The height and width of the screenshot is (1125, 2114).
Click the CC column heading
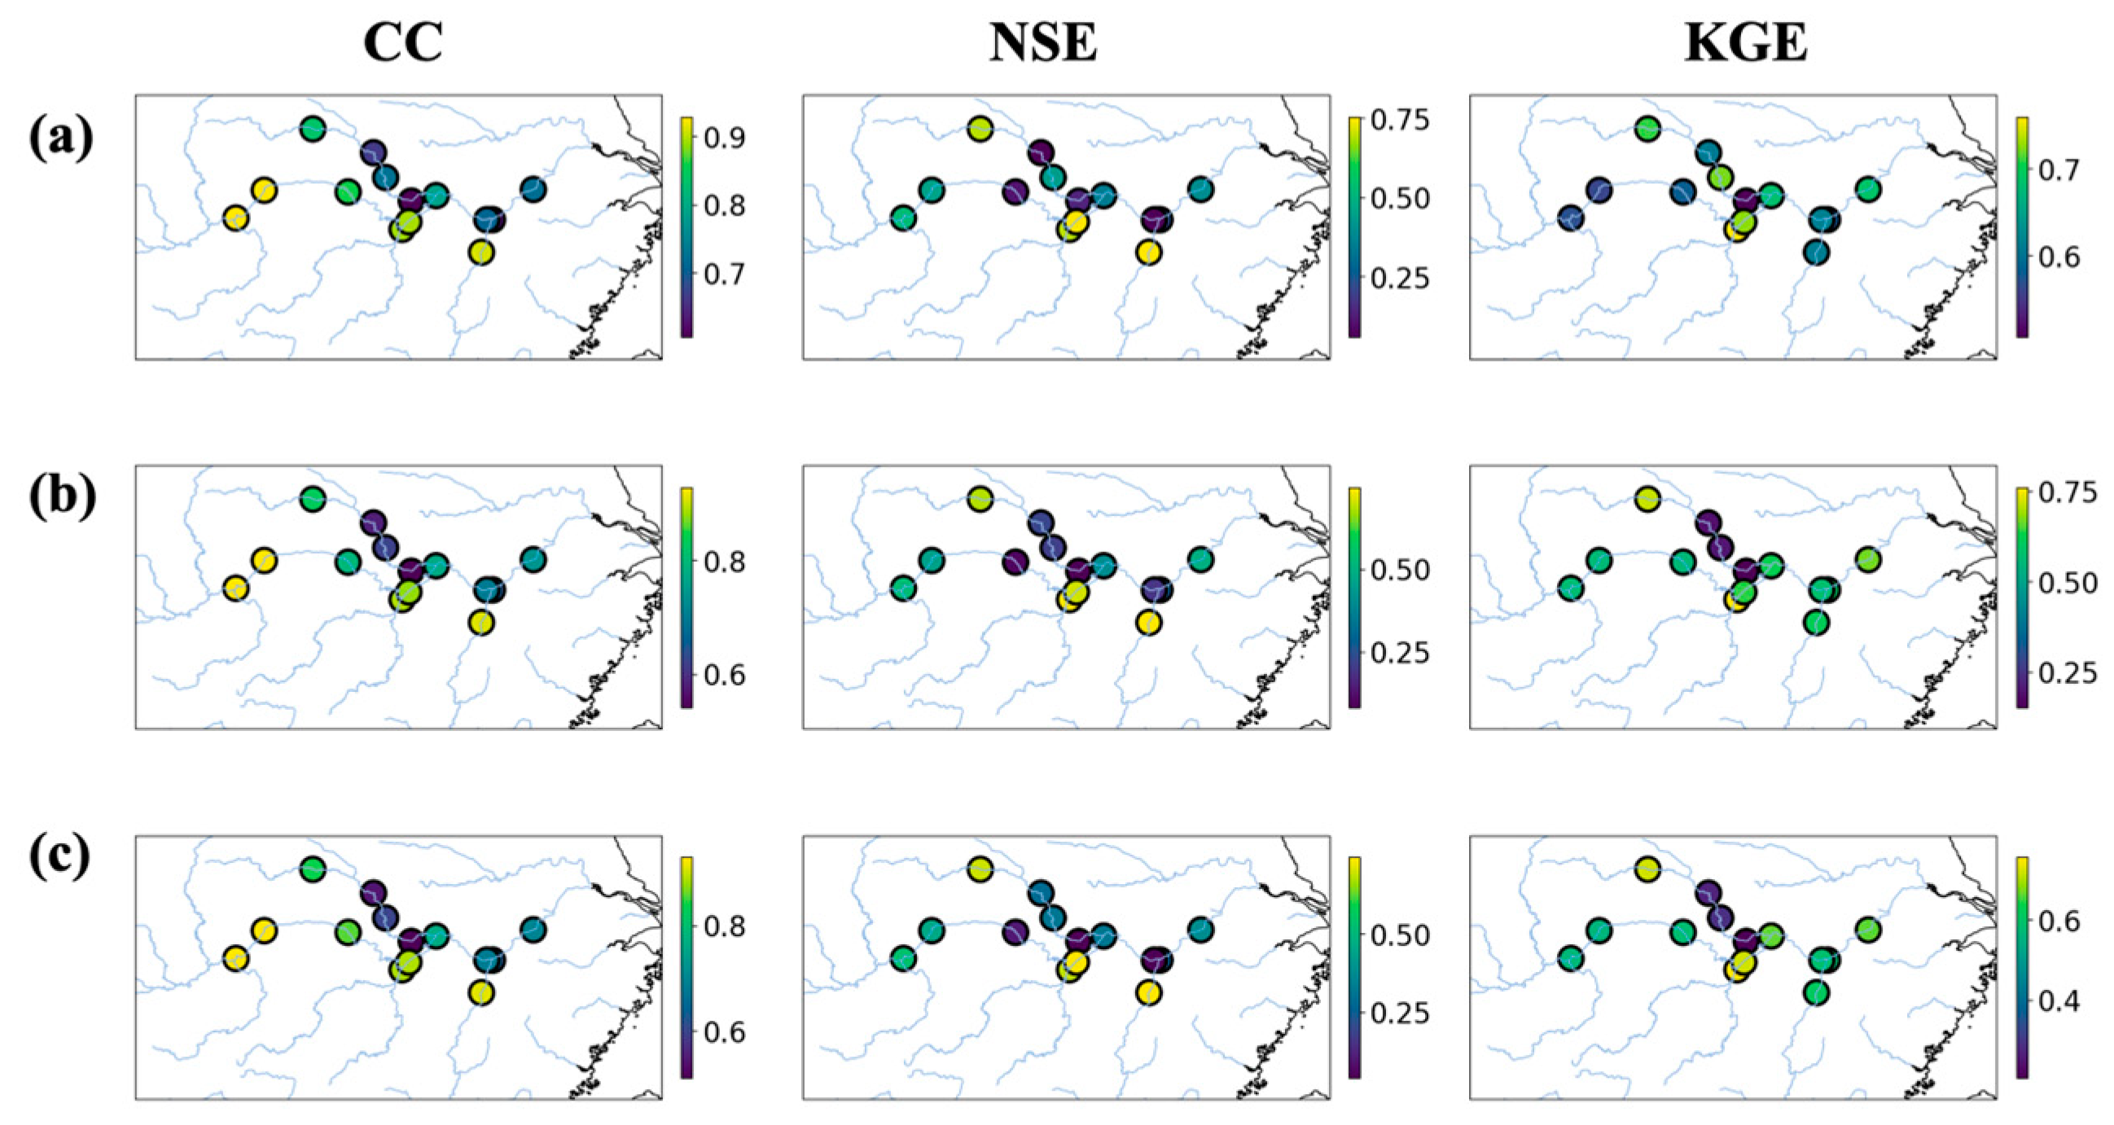[x=403, y=42]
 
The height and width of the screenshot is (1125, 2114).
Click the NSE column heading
[x=1043, y=42]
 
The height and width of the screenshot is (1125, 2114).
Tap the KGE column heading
[x=1746, y=42]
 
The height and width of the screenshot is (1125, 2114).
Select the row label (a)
[x=62, y=138]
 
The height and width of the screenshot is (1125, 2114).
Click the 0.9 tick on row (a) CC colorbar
[x=724, y=137]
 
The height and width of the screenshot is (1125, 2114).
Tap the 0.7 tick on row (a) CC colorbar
[x=724, y=274]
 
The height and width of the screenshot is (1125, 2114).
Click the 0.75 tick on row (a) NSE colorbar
[x=1399, y=120]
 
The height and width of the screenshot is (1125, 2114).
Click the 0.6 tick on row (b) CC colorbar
[x=724, y=675]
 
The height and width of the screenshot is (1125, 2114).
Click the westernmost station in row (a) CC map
[x=235, y=218]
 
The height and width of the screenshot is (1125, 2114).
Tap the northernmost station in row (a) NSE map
[x=980, y=129]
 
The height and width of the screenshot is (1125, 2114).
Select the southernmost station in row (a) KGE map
[x=1817, y=252]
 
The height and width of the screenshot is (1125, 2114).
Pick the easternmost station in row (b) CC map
[x=533, y=560]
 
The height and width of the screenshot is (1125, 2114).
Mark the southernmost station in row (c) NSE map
[x=1150, y=993]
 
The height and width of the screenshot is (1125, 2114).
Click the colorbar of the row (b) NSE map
[x=1355, y=598]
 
